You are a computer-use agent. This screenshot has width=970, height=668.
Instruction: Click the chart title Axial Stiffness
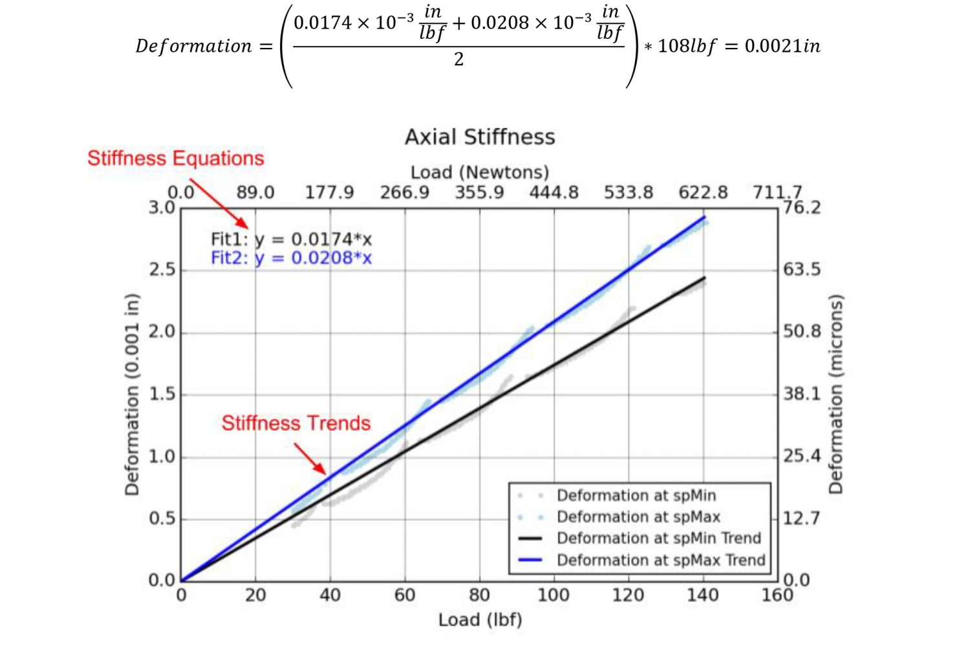coord(480,137)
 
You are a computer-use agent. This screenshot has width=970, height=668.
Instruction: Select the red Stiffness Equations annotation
coord(176,159)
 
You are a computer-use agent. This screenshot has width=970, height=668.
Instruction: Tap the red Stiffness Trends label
coord(296,423)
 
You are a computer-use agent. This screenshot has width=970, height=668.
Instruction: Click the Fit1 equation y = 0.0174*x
coord(292,239)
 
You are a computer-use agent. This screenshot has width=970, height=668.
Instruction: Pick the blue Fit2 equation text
coord(292,258)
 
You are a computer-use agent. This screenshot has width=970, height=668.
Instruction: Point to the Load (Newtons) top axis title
coord(480,172)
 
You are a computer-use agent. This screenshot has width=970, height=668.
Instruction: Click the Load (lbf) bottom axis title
coord(480,620)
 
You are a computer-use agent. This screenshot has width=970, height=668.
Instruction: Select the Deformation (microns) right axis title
coord(836,394)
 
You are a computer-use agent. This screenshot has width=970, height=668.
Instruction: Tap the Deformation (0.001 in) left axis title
coord(132,394)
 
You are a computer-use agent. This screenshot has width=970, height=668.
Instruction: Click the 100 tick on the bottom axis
coord(554,596)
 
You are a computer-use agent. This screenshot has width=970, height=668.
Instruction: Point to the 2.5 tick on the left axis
coord(162,270)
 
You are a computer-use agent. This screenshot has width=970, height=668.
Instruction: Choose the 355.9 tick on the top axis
coord(479,193)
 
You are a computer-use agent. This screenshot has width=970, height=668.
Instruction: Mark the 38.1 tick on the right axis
coord(802,394)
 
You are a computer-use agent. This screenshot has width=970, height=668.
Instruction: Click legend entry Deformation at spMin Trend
coord(658,539)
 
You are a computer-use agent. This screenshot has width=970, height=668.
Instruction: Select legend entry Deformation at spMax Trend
coord(660,561)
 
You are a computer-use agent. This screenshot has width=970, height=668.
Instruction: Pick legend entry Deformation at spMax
coord(638,517)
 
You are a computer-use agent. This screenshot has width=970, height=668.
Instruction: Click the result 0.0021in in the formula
coord(782,46)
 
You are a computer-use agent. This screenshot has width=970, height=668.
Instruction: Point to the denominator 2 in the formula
coord(458,60)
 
